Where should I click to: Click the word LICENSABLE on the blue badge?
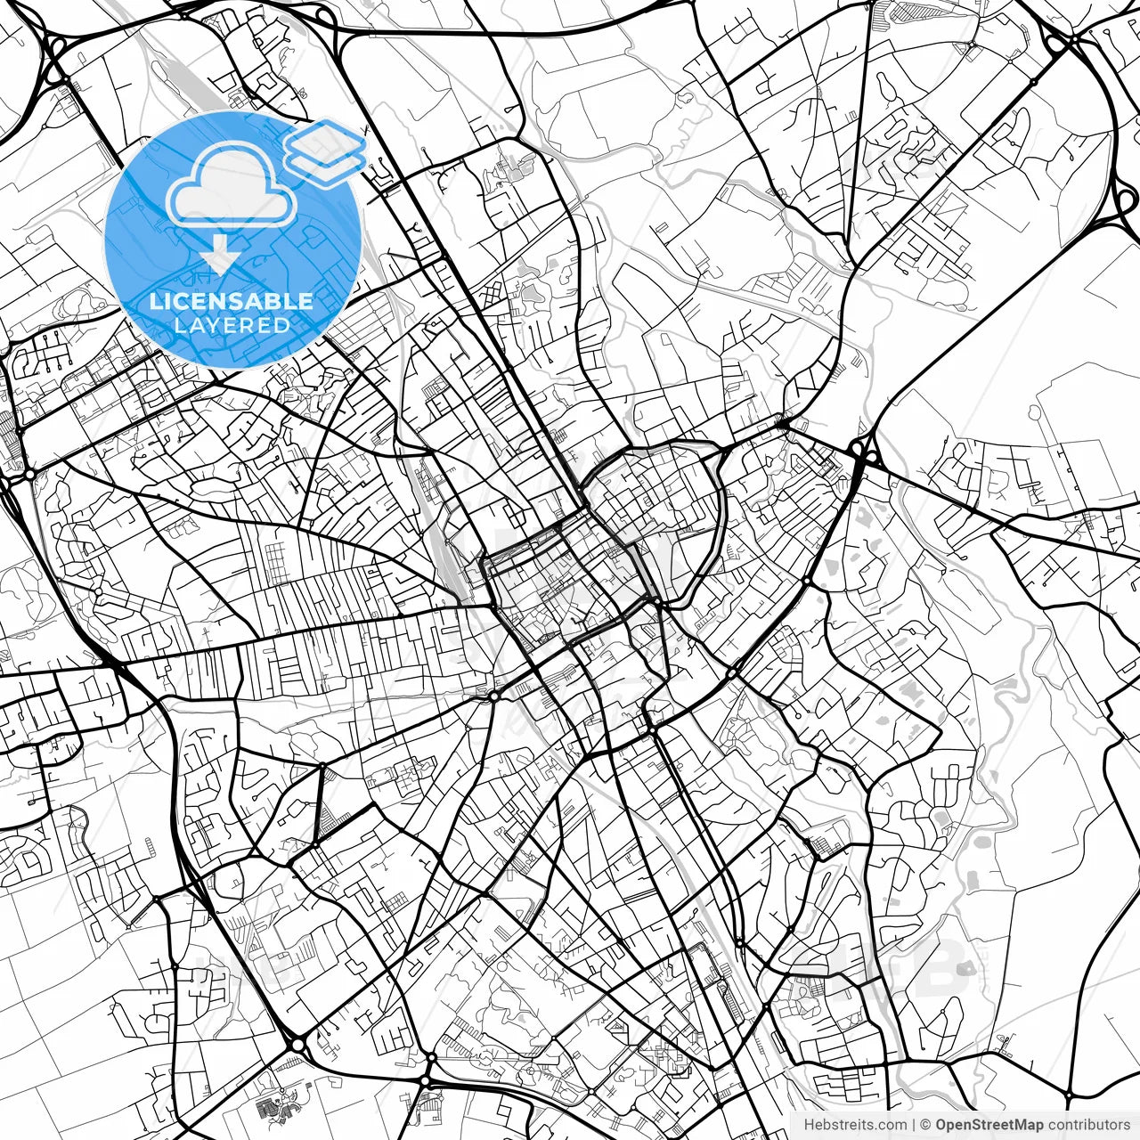pos(232,301)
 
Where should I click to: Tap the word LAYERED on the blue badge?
pos(232,325)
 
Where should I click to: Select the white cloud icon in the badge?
pos(232,185)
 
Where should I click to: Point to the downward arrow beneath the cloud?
pos(219,256)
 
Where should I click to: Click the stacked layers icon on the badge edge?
pos(326,147)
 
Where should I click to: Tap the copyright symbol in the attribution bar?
pos(925,1125)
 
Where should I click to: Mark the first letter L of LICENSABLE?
pos(155,301)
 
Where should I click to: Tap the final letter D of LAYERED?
pos(282,325)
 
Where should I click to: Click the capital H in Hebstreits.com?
pos(809,1125)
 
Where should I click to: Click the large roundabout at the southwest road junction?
pos(297,1043)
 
